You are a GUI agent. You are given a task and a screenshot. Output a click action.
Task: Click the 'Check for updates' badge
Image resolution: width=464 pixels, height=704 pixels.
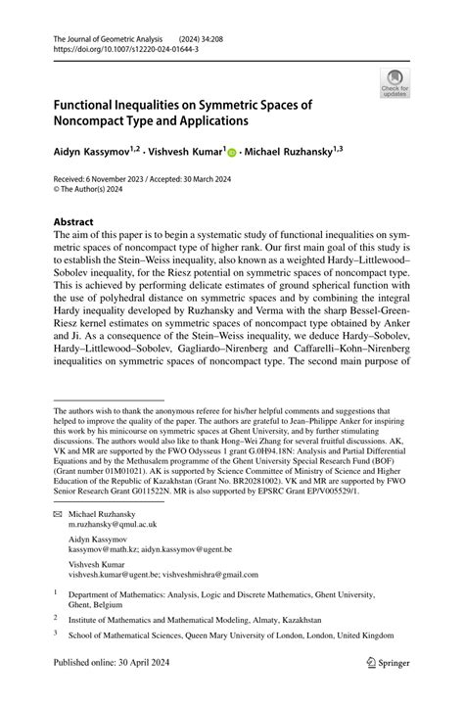395,84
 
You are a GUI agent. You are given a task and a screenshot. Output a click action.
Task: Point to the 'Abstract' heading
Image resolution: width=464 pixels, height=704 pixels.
74,222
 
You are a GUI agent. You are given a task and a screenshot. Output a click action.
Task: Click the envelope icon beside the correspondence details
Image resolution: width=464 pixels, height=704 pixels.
58,513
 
